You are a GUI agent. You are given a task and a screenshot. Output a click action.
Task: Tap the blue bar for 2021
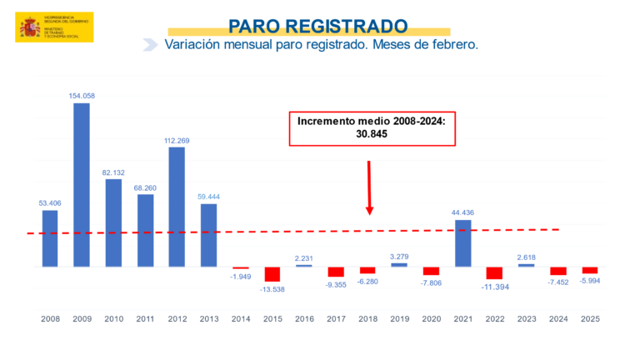463,243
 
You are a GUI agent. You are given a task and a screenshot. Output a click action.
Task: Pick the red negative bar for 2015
272,274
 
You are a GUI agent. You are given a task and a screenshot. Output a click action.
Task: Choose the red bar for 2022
495,273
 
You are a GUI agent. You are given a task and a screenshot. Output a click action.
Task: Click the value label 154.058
82,96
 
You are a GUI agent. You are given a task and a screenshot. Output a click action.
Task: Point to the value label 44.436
463,212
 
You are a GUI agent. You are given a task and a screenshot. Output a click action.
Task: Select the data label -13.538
272,289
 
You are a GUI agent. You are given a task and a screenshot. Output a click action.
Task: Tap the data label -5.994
590,281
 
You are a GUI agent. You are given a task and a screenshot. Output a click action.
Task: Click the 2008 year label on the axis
50,318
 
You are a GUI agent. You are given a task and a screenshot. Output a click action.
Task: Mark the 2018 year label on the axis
367,318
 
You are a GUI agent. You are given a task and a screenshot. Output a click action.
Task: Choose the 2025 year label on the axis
590,318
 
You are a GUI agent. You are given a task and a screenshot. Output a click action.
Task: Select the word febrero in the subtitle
451,44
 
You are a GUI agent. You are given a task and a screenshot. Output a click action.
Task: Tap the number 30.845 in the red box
372,133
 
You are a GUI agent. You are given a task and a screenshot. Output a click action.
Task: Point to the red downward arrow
369,187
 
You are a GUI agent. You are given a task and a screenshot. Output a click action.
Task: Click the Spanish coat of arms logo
31,27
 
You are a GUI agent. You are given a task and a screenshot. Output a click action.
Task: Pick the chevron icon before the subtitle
150,44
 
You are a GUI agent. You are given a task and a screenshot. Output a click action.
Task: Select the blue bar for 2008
50,238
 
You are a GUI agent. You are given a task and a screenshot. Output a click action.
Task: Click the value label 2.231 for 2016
304,257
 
